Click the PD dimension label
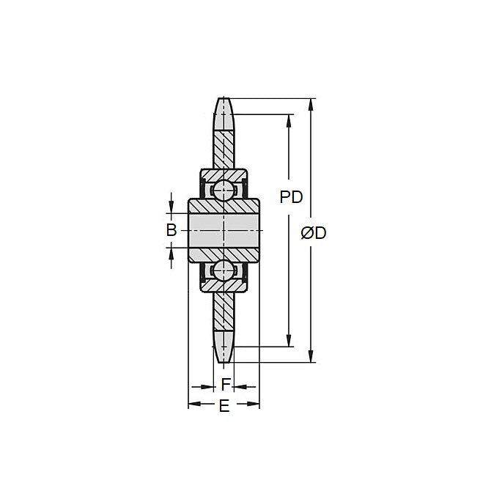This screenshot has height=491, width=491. tap(291, 197)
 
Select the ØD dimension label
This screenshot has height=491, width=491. tap(314, 233)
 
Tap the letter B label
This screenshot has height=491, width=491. tap(171, 230)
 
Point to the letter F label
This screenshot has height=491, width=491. tap(226, 385)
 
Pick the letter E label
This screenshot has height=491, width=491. tap(224, 406)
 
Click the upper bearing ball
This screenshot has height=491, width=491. tap(224, 190)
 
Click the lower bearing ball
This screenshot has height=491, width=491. tap(224, 270)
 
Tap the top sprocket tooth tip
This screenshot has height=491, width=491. tap(224, 98)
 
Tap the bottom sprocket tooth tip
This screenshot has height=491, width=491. tap(224, 362)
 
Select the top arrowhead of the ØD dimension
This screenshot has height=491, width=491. tap(311, 104)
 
